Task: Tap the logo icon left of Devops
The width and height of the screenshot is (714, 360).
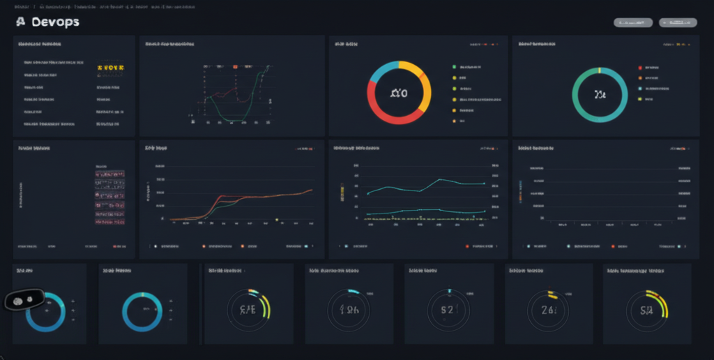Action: point(20,22)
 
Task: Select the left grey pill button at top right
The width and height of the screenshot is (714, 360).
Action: point(632,22)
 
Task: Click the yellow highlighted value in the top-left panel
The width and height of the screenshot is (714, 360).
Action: point(110,68)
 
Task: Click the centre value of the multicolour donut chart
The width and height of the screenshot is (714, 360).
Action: point(399,93)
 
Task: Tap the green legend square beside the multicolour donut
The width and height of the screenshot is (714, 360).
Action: point(454,67)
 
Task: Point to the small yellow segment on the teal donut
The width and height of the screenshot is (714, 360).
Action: point(600,70)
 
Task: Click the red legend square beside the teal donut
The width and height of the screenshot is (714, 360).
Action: point(639,68)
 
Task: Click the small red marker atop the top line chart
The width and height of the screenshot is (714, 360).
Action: point(236,67)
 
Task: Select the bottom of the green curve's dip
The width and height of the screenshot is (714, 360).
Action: point(230,120)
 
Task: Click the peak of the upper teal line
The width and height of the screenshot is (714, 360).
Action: point(441,179)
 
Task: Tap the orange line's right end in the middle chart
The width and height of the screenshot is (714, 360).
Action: point(311,190)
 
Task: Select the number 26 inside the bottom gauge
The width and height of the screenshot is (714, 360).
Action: point(547,308)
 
